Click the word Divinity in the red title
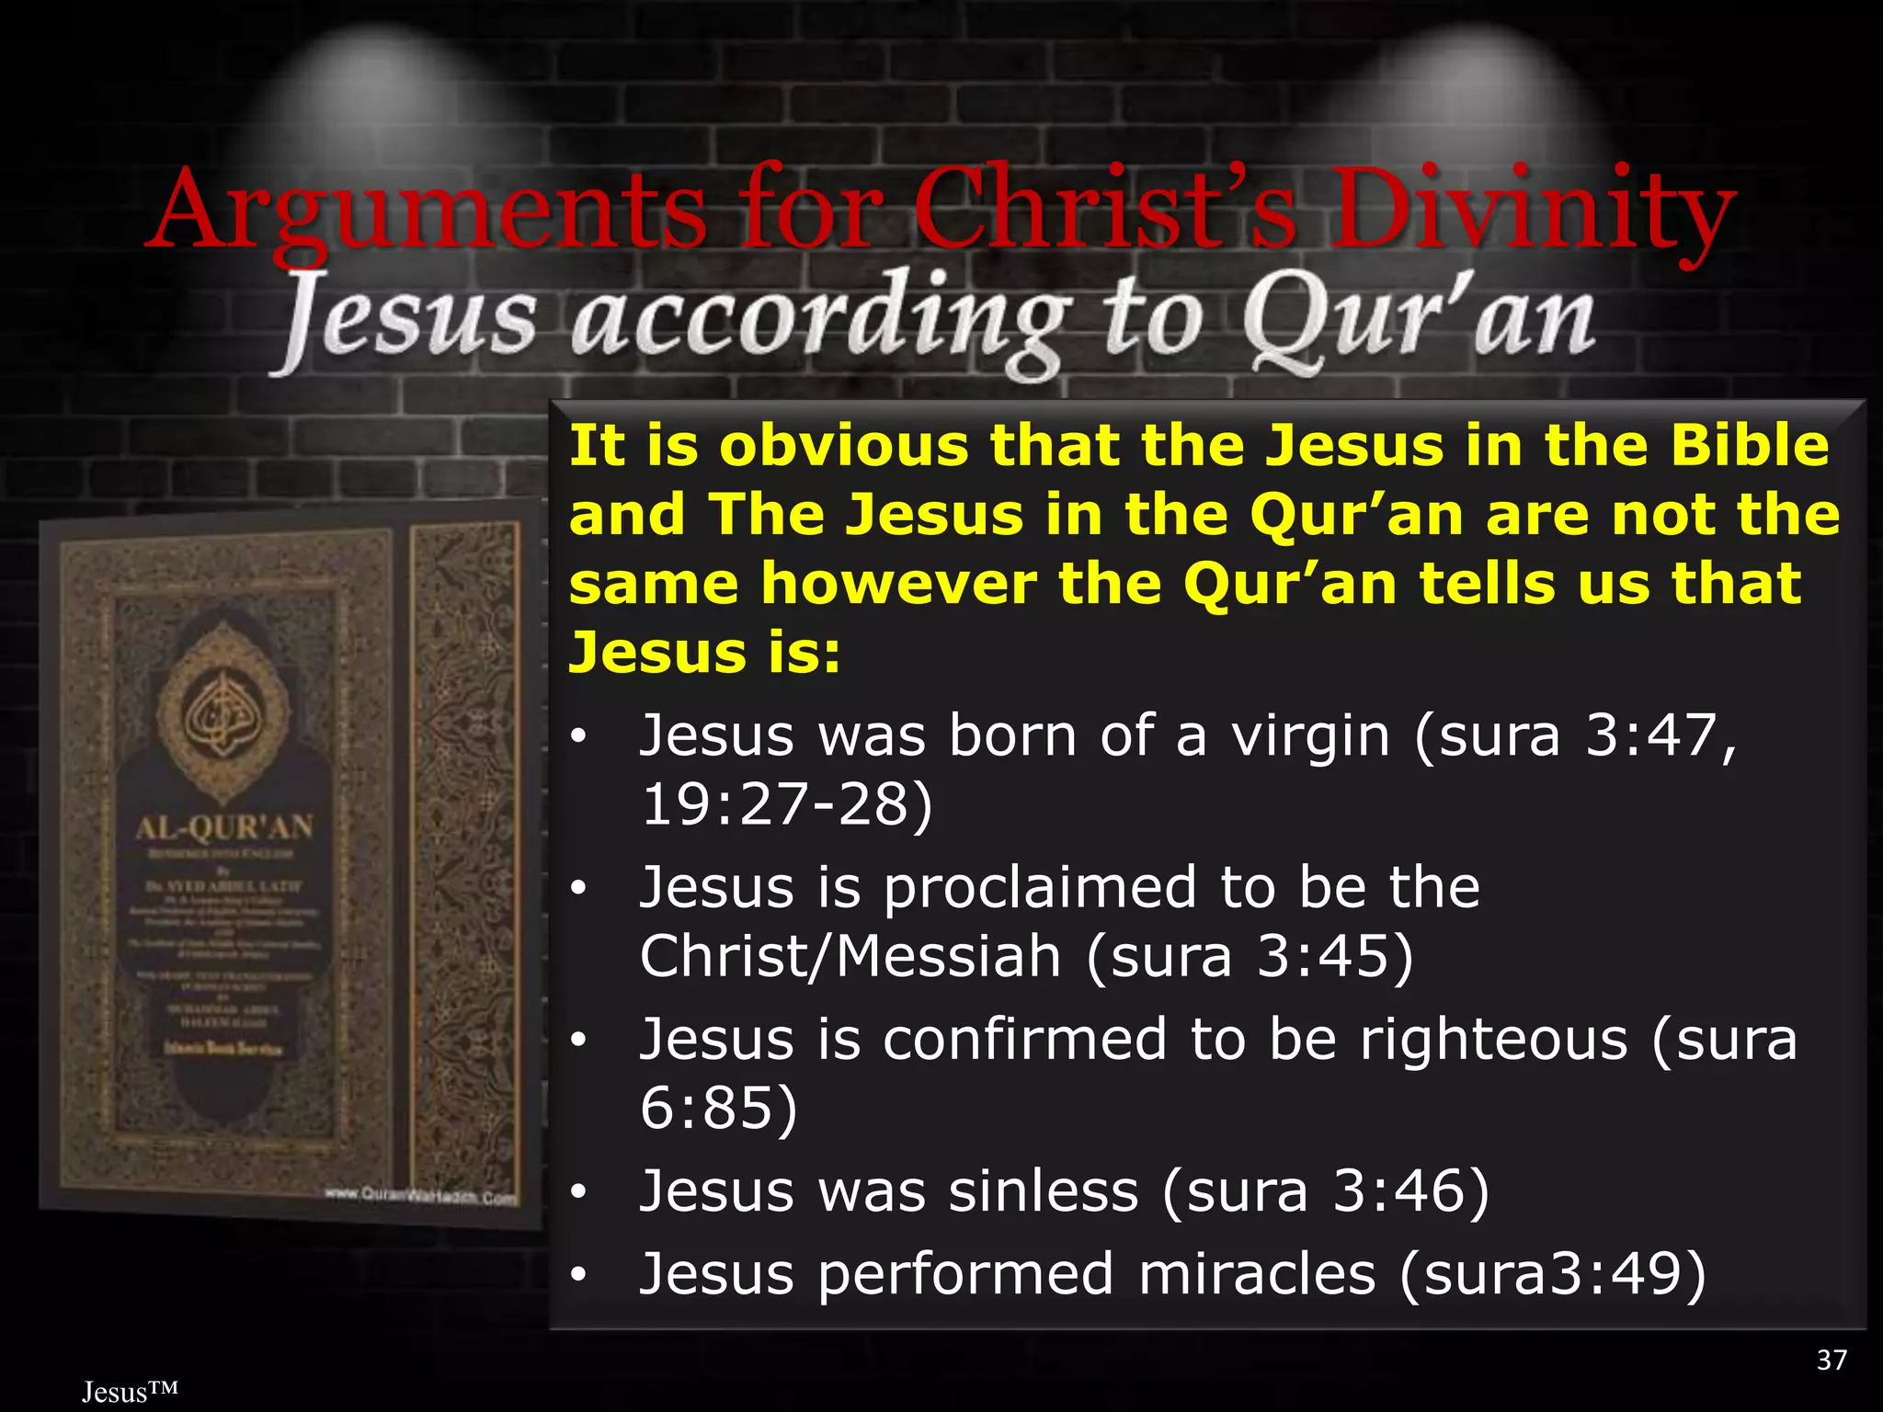pos(1534,211)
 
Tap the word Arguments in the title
pos(428,211)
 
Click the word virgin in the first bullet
pos(1310,736)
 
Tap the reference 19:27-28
pos(786,804)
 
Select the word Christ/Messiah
pos(850,956)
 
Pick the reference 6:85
pos(718,1108)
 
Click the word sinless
pos(1044,1191)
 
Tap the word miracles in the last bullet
pos(1256,1274)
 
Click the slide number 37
pos(1832,1360)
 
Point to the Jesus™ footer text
pos(130,1392)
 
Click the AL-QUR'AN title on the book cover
pos(224,827)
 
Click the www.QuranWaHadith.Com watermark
pos(420,1196)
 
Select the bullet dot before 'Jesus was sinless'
pos(577,1193)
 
